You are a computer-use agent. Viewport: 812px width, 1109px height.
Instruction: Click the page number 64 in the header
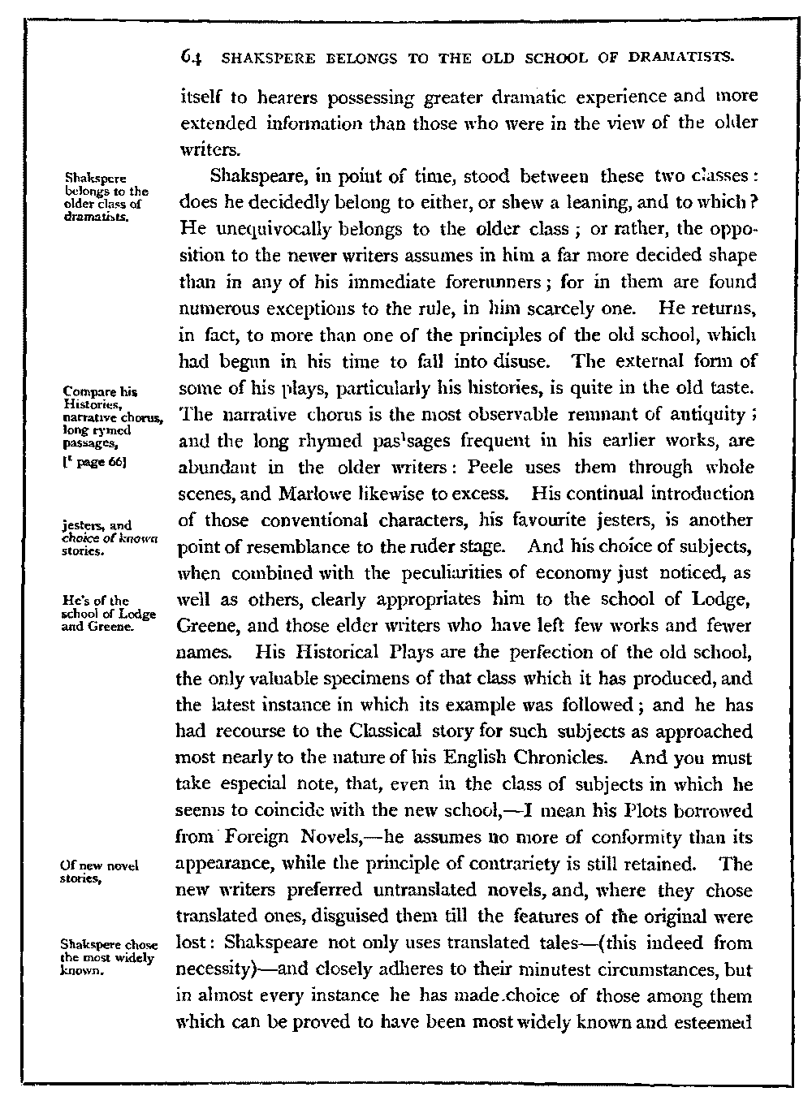(x=192, y=58)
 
